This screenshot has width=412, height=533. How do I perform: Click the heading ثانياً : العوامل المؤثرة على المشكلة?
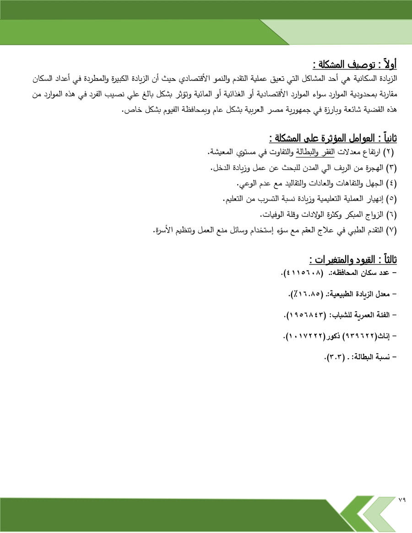point(333,138)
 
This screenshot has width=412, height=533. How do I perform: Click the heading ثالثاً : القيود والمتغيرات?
point(353,259)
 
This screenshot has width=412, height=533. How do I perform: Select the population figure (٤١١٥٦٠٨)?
point(304,273)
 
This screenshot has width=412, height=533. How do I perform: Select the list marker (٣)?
point(392,167)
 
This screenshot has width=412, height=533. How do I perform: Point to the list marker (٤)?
point(392,183)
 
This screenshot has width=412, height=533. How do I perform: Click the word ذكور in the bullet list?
point(333,336)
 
